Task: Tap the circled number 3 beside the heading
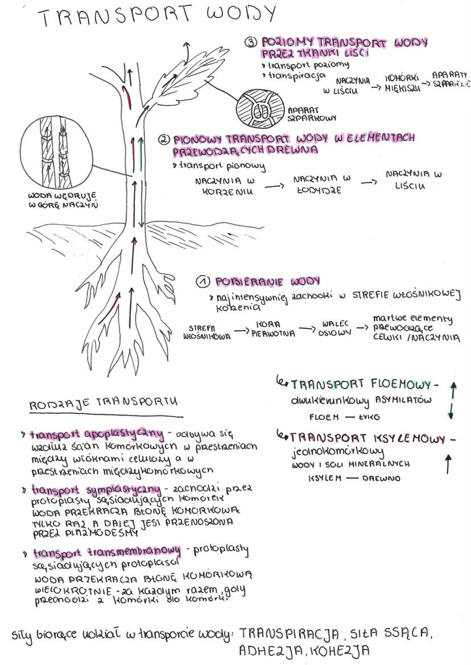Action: click(250, 43)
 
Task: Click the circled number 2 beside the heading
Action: click(164, 139)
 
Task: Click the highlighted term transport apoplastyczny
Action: click(100, 434)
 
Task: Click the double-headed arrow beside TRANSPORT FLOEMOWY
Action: click(452, 401)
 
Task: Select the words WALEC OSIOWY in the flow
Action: click(333, 327)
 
